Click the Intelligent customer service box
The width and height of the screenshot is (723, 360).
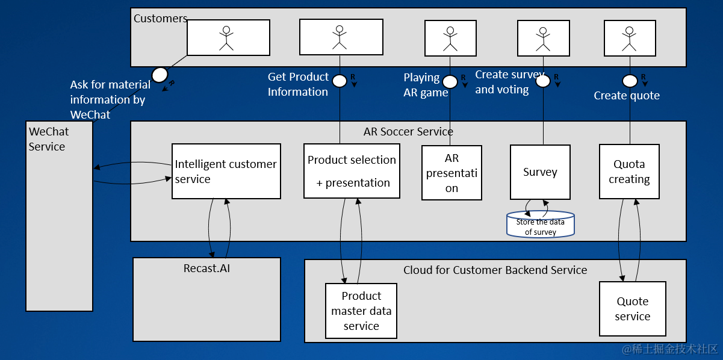(226, 171)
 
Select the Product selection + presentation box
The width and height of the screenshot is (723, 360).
(352, 171)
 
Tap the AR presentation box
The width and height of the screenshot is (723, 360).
(451, 173)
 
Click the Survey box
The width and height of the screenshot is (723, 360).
(540, 172)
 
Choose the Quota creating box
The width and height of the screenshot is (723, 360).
(629, 172)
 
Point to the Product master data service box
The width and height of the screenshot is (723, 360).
(361, 311)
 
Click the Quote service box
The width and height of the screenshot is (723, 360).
(632, 309)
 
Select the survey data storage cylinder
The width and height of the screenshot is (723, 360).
(541, 224)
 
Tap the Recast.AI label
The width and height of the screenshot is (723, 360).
(206, 268)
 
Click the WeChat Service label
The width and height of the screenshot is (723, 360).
(49, 139)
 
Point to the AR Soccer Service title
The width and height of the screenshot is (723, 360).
(408, 131)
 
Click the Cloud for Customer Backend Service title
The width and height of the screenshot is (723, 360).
(495, 270)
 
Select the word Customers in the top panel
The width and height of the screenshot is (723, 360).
(160, 19)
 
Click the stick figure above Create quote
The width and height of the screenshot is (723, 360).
(630, 38)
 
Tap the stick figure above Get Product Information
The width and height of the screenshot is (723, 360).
(340, 37)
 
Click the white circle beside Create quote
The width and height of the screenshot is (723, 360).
(630, 81)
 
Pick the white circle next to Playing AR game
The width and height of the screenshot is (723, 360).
(450, 82)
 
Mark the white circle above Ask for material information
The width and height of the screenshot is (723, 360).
(160, 75)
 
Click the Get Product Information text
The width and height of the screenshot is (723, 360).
(298, 84)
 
